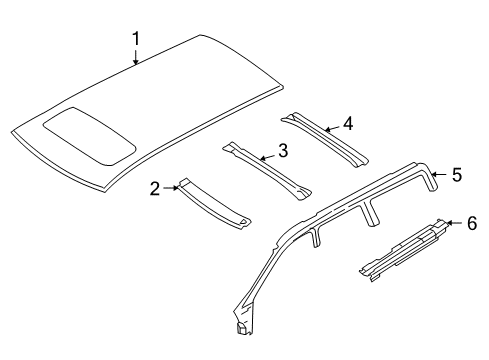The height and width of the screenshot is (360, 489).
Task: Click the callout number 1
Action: (137, 39)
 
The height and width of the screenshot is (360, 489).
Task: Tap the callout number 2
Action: (155, 187)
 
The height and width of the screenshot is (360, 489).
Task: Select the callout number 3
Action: (283, 150)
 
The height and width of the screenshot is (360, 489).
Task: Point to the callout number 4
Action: (347, 124)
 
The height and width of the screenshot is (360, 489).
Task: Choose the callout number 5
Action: (456, 174)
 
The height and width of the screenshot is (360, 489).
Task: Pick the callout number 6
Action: (472, 223)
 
